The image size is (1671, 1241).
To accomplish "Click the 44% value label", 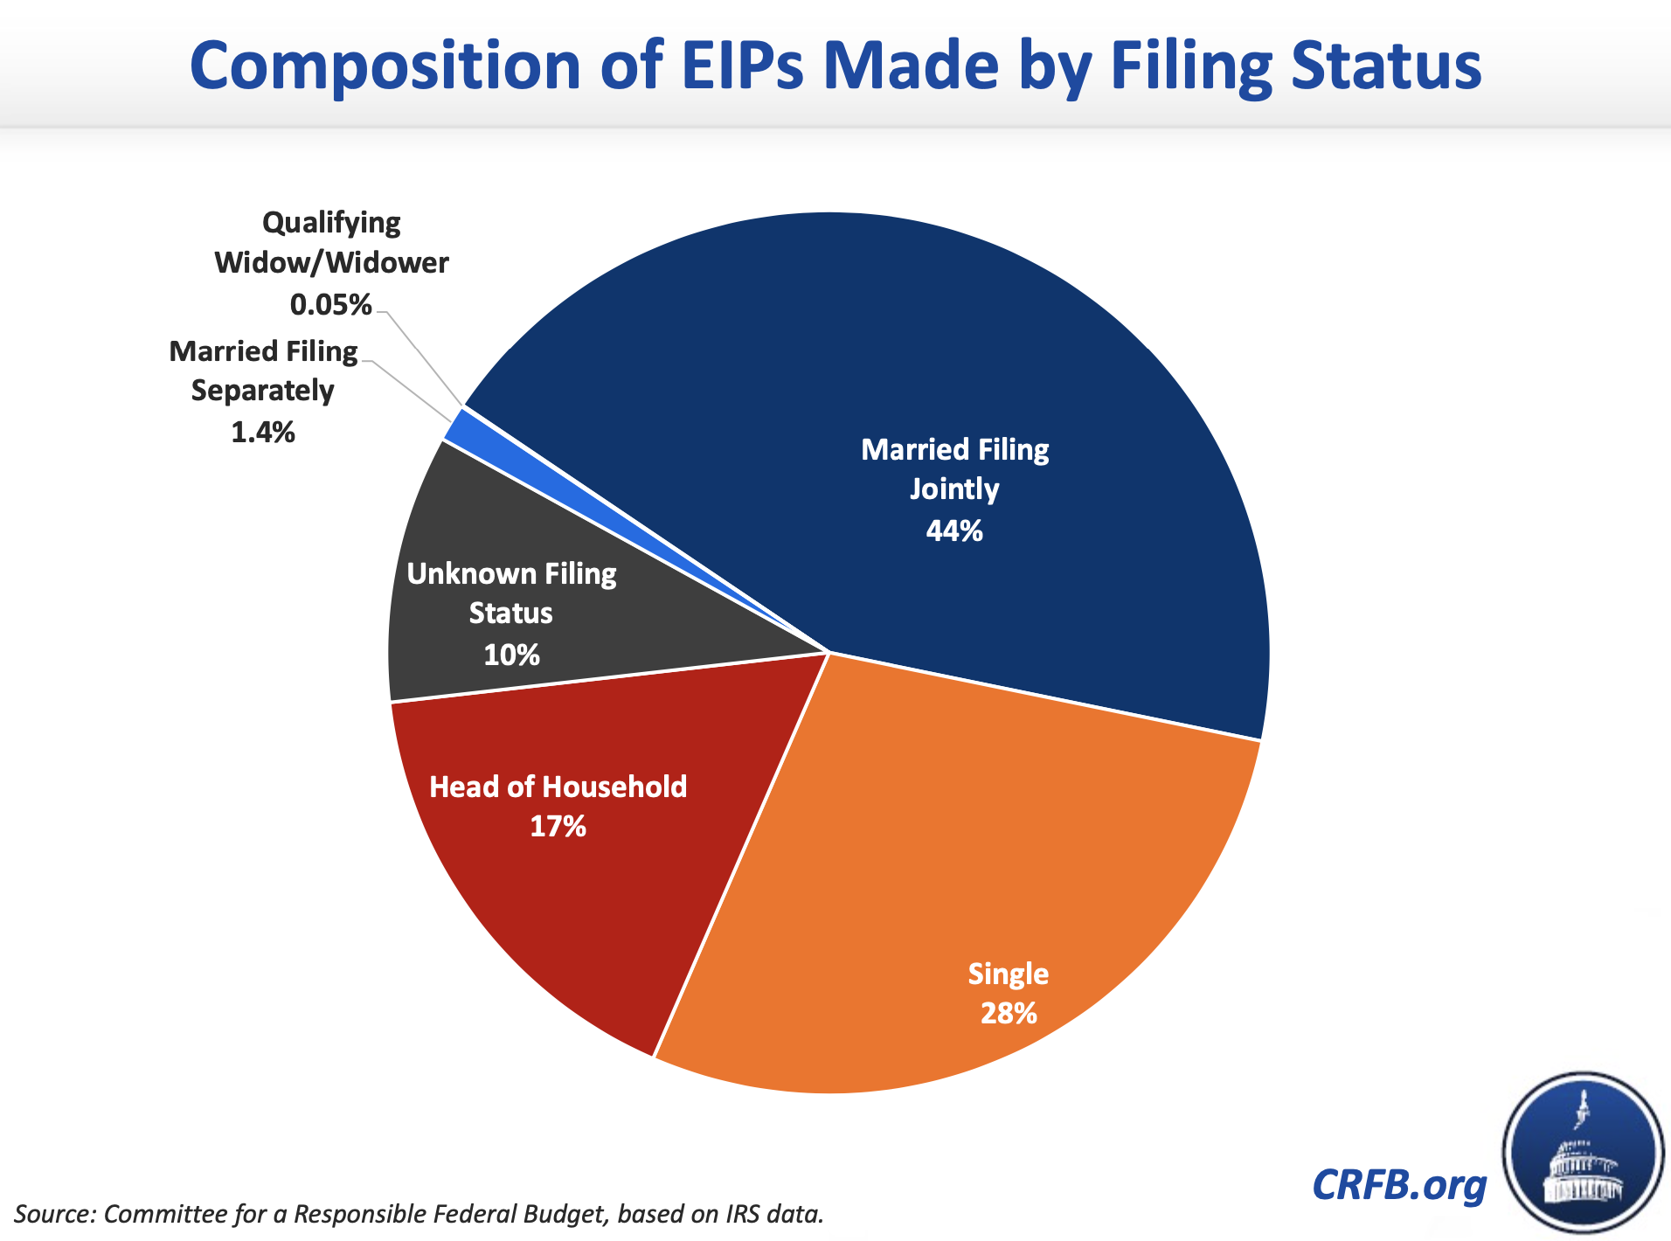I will pyautogui.click(x=954, y=530).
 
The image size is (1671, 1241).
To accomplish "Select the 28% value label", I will pyautogui.click(x=1009, y=1014).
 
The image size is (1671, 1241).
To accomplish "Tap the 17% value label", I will pyautogui.click(x=558, y=827).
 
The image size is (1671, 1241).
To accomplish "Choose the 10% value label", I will pyautogui.click(x=511, y=655).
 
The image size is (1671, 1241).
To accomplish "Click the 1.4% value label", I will pyautogui.click(x=262, y=432).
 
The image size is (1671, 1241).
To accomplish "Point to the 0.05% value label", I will pyautogui.click(x=330, y=305).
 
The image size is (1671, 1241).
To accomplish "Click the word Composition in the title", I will pyautogui.click(x=385, y=66).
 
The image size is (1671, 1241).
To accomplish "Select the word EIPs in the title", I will pyautogui.click(x=742, y=66).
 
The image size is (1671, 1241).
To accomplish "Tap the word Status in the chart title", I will pyautogui.click(x=1386, y=66).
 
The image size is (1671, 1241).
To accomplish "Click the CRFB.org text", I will pyautogui.click(x=1399, y=1185).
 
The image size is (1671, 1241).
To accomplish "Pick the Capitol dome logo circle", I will pyautogui.click(x=1583, y=1153).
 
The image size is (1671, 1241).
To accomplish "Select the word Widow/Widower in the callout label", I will pyautogui.click(x=331, y=263).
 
